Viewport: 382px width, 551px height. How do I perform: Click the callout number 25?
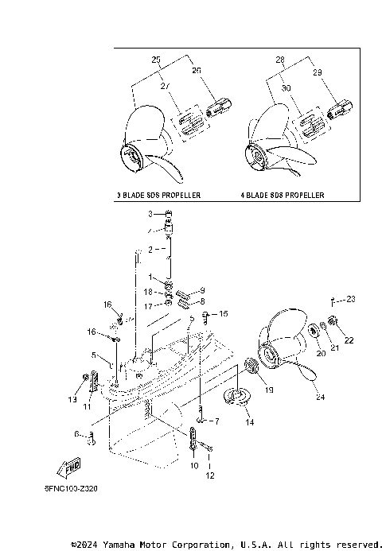(x=156, y=60)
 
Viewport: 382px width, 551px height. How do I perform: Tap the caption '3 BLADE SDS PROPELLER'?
(x=158, y=195)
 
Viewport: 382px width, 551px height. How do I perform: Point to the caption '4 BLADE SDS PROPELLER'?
(x=283, y=195)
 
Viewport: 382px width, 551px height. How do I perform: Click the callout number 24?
(x=320, y=397)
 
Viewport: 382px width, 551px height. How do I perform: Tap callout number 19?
(x=269, y=390)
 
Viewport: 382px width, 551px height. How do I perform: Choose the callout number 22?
(x=349, y=340)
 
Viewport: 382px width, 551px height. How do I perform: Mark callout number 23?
(x=351, y=300)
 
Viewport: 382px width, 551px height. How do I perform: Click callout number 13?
(x=72, y=398)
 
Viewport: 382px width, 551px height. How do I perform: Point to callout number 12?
(x=211, y=476)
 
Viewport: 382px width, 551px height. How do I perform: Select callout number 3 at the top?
(x=149, y=215)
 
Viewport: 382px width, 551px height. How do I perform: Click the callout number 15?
(x=224, y=313)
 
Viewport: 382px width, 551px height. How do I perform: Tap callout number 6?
(x=76, y=434)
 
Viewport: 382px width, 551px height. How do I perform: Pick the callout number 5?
(x=93, y=355)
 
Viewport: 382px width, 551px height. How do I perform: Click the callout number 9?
(x=202, y=291)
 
